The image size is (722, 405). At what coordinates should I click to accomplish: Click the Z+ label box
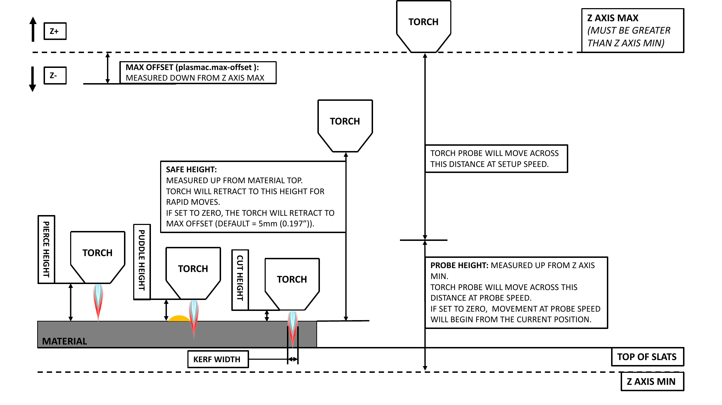point(55,31)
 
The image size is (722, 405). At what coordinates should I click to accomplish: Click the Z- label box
point(55,75)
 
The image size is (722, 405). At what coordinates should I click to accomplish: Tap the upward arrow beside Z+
point(33,29)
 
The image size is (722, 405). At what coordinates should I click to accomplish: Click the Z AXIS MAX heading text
point(613,18)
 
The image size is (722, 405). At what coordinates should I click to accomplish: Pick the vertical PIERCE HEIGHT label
point(46,249)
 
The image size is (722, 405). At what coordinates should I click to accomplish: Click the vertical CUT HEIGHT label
point(240,279)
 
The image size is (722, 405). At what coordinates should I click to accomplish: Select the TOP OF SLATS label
point(647,357)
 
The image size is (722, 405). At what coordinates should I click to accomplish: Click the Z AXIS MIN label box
point(652,382)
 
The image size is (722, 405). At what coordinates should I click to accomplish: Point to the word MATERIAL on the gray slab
point(64,341)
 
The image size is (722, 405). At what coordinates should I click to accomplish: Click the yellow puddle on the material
point(179,318)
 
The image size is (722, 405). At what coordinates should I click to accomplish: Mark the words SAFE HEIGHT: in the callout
point(191,169)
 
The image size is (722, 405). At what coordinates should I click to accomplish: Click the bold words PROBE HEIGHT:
point(459,265)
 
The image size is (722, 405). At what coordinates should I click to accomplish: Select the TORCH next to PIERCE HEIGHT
point(97,253)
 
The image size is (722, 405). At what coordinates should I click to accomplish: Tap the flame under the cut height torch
point(292,327)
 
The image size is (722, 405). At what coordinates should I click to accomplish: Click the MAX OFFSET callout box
point(197,73)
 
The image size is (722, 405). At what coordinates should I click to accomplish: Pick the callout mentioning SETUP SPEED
point(496,158)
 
